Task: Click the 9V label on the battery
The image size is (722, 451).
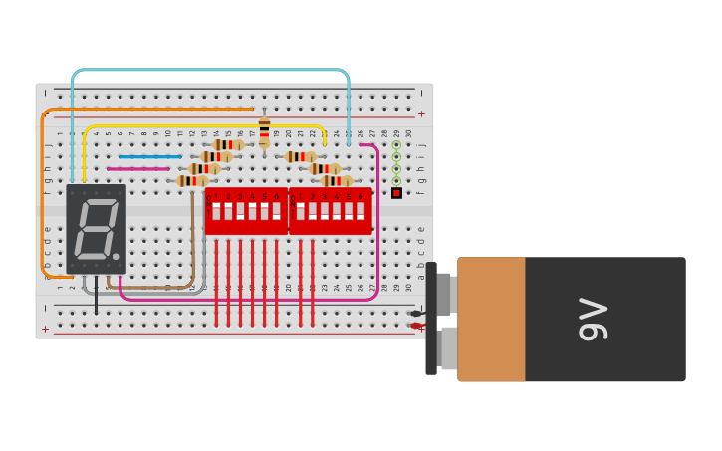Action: pyautogui.click(x=594, y=319)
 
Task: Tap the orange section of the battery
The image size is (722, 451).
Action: pyautogui.click(x=491, y=319)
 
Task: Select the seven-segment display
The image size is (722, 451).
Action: pyautogui.click(x=96, y=228)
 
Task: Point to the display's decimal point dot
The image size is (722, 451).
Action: pyautogui.click(x=116, y=257)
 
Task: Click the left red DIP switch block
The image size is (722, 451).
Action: pyautogui.click(x=246, y=210)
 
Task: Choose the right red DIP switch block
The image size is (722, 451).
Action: pyautogui.click(x=331, y=210)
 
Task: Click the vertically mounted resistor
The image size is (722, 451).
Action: pyautogui.click(x=264, y=130)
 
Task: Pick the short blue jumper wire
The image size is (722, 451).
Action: pyautogui.click(x=149, y=156)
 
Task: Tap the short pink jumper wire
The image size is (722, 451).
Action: pyautogui.click(x=137, y=169)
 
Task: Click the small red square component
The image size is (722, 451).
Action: pyautogui.click(x=396, y=193)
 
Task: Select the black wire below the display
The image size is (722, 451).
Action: pyautogui.click(x=97, y=299)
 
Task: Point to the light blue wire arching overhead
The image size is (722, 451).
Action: pyautogui.click(x=209, y=71)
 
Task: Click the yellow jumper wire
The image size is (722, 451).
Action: pyautogui.click(x=199, y=126)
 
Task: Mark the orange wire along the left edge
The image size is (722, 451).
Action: pyautogui.click(x=43, y=199)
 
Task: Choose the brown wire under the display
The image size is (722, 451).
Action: pyautogui.click(x=149, y=288)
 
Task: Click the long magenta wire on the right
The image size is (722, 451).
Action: pyautogui.click(x=377, y=229)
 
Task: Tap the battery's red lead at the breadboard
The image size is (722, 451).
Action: pyautogui.click(x=416, y=326)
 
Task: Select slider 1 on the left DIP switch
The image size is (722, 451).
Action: pyautogui.click(x=216, y=211)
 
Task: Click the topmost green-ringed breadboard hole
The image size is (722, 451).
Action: pyautogui.click(x=396, y=145)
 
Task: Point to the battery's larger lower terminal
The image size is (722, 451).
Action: pyautogui.click(x=449, y=348)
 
